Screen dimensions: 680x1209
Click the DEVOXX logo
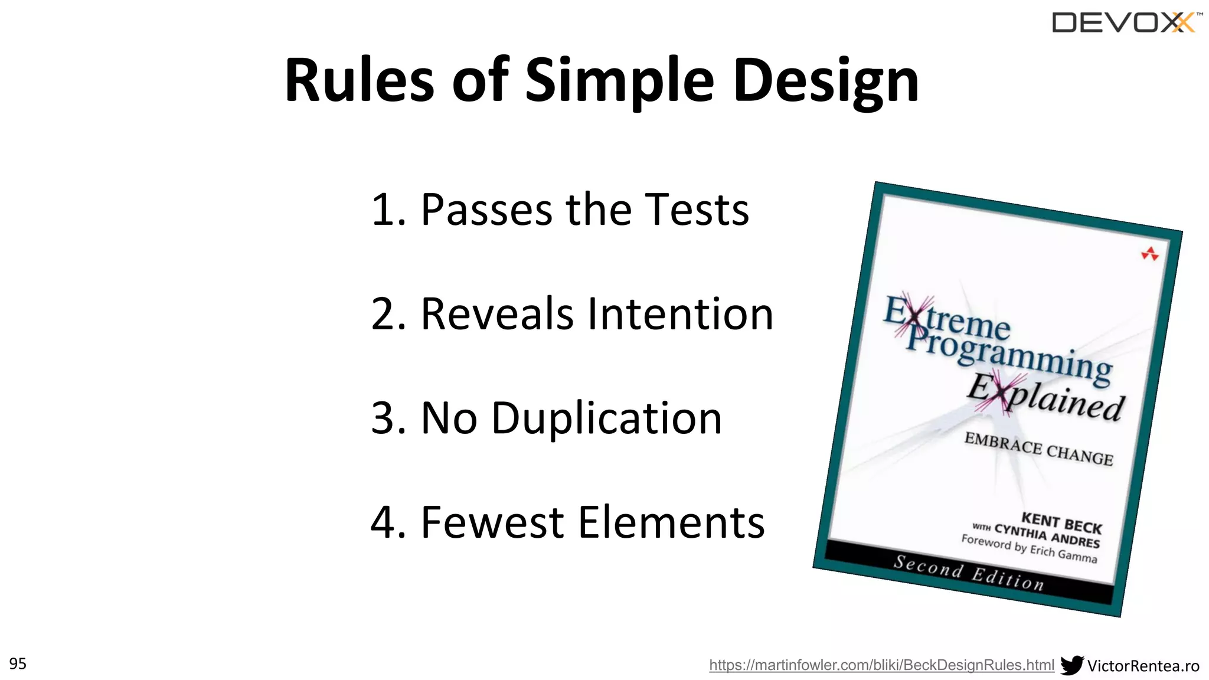point(1125,23)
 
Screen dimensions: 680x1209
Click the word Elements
point(671,522)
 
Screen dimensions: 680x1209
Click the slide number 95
point(18,663)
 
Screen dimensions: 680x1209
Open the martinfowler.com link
point(881,665)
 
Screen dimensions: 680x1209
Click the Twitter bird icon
point(1071,665)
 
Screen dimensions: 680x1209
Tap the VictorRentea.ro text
point(1143,666)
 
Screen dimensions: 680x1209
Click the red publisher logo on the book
point(1149,254)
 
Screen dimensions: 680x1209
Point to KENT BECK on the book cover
point(1061,522)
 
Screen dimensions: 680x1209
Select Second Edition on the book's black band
point(969,573)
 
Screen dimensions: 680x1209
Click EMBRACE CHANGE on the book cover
point(1038,449)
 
